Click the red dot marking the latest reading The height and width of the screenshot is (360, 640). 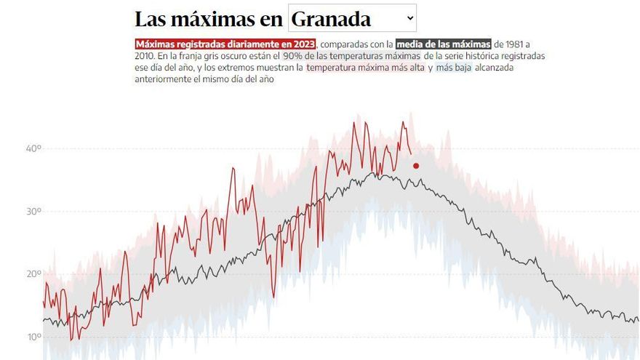tap(416, 166)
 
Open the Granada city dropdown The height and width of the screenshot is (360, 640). tap(352, 18)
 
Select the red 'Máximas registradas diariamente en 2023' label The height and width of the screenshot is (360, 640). tap(225, 44)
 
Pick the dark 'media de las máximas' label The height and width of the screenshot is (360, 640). tap(444, 44)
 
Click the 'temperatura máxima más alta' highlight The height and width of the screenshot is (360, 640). tap(365, 68)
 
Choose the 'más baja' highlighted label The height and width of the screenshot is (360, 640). tap(453, 68)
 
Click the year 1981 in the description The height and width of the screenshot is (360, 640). tap(519, 44)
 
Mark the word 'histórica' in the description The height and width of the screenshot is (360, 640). tap(474, 56)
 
